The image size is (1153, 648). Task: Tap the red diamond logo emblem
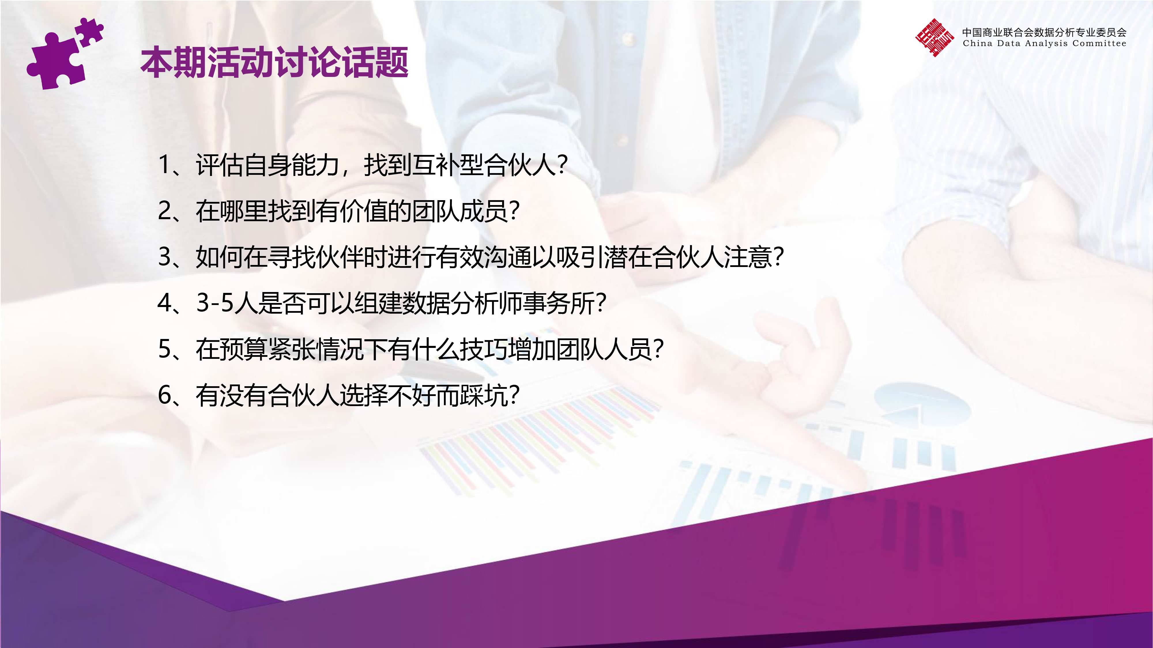934,37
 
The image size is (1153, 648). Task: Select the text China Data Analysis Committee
1044,43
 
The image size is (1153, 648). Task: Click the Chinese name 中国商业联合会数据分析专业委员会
1044,32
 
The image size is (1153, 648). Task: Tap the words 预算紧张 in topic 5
268,349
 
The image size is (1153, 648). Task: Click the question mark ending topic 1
563,165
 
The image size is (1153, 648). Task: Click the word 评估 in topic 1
220,165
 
